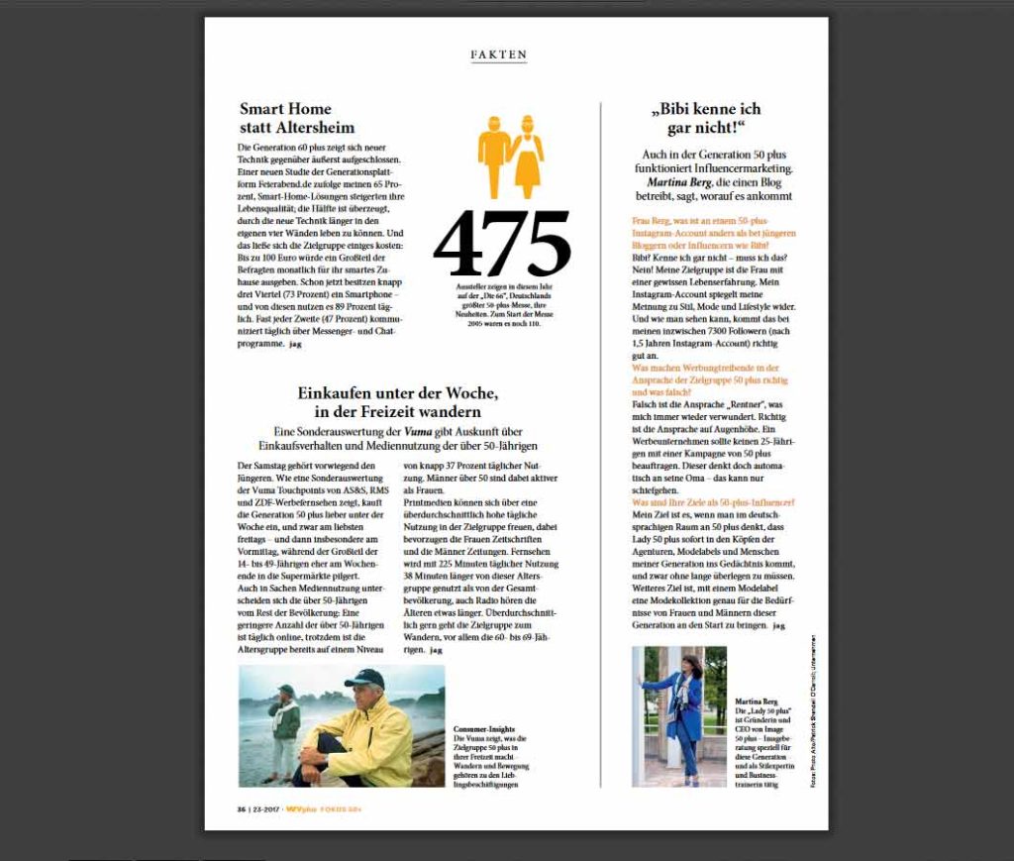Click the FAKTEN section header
(x=498, y=55)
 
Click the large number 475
(x=502, y=246)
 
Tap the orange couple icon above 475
(x=511, y=157)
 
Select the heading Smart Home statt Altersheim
(x=296, y=118)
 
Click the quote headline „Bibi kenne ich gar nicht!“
(x=705, y=118)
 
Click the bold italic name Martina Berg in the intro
(x=677, y=182)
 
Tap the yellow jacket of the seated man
(x=374, y=740)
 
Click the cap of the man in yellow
(x=365, y=677)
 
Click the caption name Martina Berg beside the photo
(x=757, y=701)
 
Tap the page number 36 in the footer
(x=241, y=810)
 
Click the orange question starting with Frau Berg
(x=713, y=233)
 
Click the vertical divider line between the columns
(x=601, y=446)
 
